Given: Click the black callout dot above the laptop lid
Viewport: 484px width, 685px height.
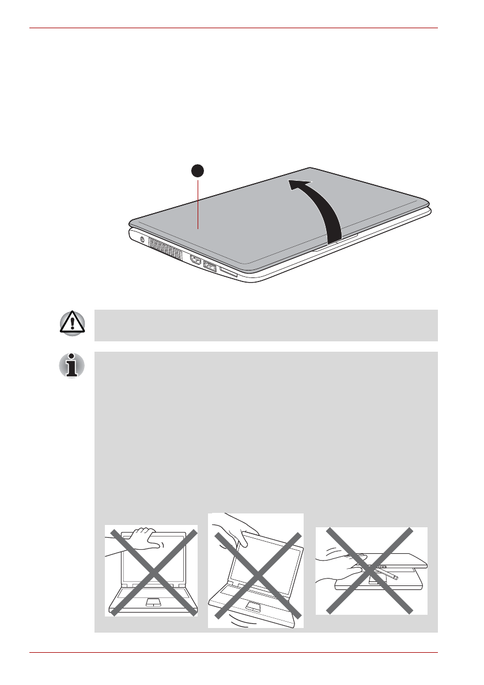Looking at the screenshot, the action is (198, 171).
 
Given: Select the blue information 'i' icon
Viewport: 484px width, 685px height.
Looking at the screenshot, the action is (72, 366).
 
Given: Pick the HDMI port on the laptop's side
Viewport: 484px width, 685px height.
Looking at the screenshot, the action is (196, 261).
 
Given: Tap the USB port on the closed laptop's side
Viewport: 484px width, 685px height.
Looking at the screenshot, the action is (210, 267).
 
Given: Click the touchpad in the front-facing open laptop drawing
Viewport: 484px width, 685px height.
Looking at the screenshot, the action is (153, 602).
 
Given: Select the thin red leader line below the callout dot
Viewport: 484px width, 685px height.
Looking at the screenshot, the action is (198, 201).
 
